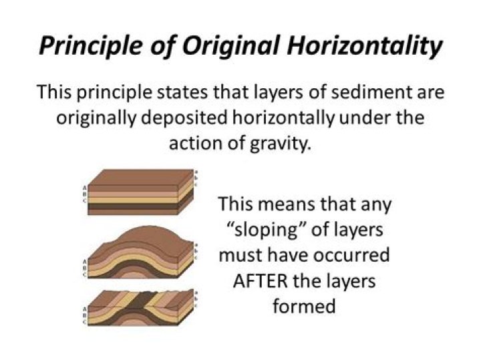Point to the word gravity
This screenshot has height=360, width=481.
(279, 144)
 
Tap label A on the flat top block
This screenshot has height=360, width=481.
(84, 188)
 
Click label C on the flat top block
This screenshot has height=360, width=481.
(84, 200)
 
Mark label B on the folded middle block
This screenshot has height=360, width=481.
(84, 267)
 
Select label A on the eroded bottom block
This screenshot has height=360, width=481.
(84, 309)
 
